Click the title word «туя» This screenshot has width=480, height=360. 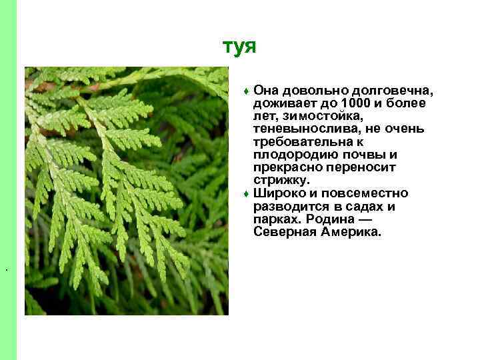point(239,47)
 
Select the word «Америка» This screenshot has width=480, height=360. point(351,232)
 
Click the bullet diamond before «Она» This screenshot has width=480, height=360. point(247,91)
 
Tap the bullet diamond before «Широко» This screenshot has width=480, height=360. point(247,194)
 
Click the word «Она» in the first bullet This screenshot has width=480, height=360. point(266,91)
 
